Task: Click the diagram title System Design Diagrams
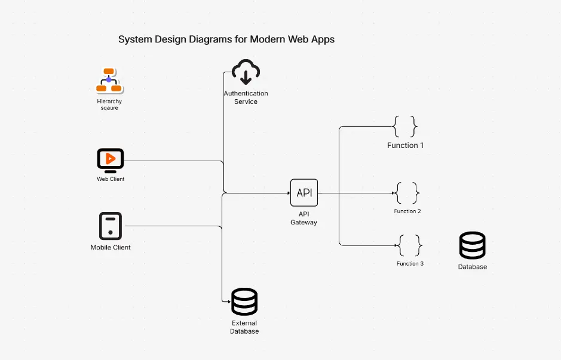pyautogui.click(x=226, y=39)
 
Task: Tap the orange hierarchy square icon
pyautogui.click(x=109, y=81)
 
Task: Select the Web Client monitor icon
pyautogui.click(x=111, y=160)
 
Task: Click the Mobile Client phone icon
pyautogui.click(x=111, y=226)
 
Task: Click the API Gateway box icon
pyautogui.click(x=304, y=193)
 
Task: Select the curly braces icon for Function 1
pyautogui.click(x=405, y=127)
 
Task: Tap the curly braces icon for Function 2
pyautogui.click(x=407, y=193)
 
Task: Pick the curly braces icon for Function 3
pyautogui.click(x=410, y=245)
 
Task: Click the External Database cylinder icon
pyautogui.click(x=244, y=302)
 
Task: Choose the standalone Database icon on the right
pyautogui.click(x=472, y=245)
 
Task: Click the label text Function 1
pyautogui.click(x=405, y=146)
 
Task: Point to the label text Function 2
pyautogui.click(x=407, y=211)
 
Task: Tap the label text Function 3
pyautogui.click(x=410, y=263)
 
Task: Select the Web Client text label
pyautogui.click(x=111, y=179)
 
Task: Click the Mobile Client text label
pyautogui.click(x=111, y=247)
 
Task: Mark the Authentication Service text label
pyautogui.click(x=246, y=97)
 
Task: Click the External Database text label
pyautogui.click(x=244, y=327)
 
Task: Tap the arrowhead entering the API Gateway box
pyautogui.click(x=287, y=193)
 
